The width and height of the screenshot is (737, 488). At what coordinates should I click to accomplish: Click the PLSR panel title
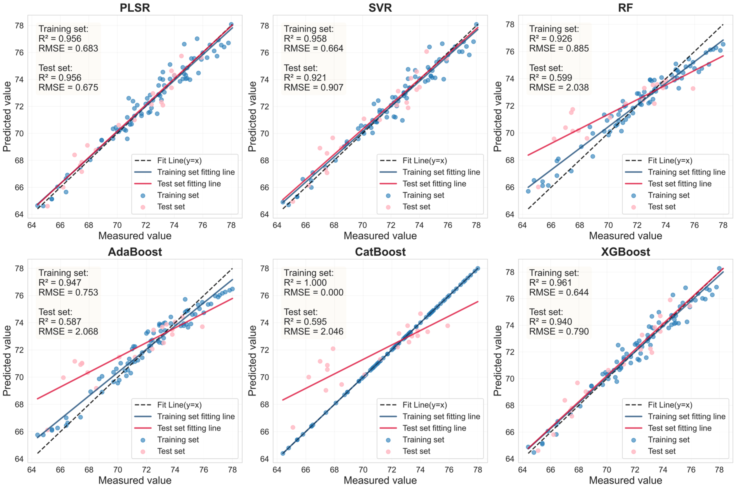click(135, 7)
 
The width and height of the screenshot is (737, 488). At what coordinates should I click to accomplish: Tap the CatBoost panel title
click(380, 251)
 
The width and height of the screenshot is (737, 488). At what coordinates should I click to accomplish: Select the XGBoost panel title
click(625, 251)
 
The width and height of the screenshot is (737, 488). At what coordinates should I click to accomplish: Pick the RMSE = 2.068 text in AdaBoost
click(68, 331)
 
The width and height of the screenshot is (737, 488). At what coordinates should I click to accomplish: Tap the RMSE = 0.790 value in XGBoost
click(559, 331)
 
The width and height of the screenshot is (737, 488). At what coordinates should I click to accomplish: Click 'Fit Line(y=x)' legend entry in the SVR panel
click(424, 161)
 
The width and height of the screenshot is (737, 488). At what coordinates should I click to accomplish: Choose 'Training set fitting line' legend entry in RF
click(686, 172)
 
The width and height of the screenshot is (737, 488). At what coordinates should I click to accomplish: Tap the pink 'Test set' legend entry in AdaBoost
click(171, 451)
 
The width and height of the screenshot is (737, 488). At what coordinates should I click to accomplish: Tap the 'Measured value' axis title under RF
click(625, 236)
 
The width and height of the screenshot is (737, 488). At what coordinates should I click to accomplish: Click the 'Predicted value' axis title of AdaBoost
click(7, 360)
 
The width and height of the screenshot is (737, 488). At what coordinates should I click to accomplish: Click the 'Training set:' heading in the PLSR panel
click(63, 29)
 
